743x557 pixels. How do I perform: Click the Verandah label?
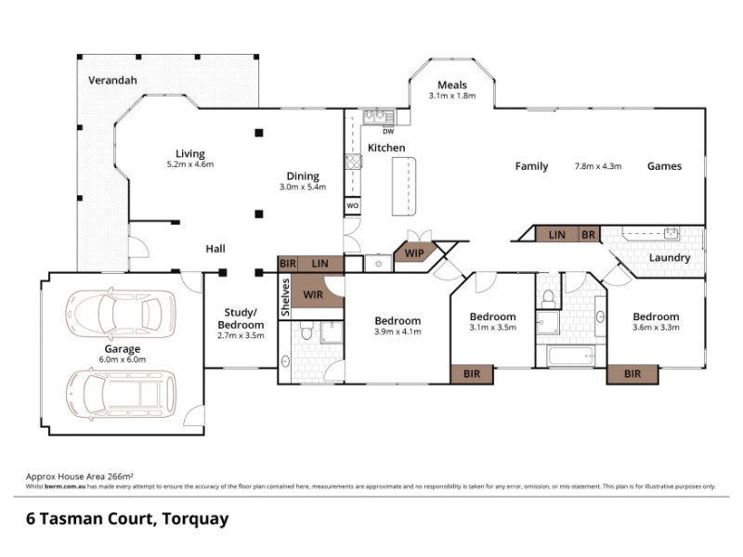click(112, 80)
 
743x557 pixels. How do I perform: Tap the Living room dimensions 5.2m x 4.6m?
click(190, 165)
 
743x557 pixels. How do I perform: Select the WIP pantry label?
click(414, 253)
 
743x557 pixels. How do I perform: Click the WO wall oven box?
click(353, 206)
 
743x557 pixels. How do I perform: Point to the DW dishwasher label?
click(388, 132)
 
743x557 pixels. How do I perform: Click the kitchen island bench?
click(404, 187)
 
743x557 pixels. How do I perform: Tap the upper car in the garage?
click(121, 313)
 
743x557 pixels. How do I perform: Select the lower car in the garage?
click(121, 395)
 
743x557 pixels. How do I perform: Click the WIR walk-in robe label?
click(313, 295)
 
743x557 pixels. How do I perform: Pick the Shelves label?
click(285, 297)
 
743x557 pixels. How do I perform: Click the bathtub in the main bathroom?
click(571, 356)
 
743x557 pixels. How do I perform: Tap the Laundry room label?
click(670, 258)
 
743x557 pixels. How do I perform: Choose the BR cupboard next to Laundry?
click(588, 235)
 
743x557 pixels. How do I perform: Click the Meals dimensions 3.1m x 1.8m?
click(452, 96)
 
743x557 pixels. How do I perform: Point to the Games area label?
click(664, 166)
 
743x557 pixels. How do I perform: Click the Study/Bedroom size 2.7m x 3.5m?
click(241, 336)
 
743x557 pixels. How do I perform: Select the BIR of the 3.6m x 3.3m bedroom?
click(632, 374)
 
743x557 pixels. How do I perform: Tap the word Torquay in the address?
click(195, 520)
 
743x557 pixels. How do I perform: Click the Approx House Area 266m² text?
click(80, 476)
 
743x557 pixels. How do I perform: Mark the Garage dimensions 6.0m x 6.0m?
click(123, 359)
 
